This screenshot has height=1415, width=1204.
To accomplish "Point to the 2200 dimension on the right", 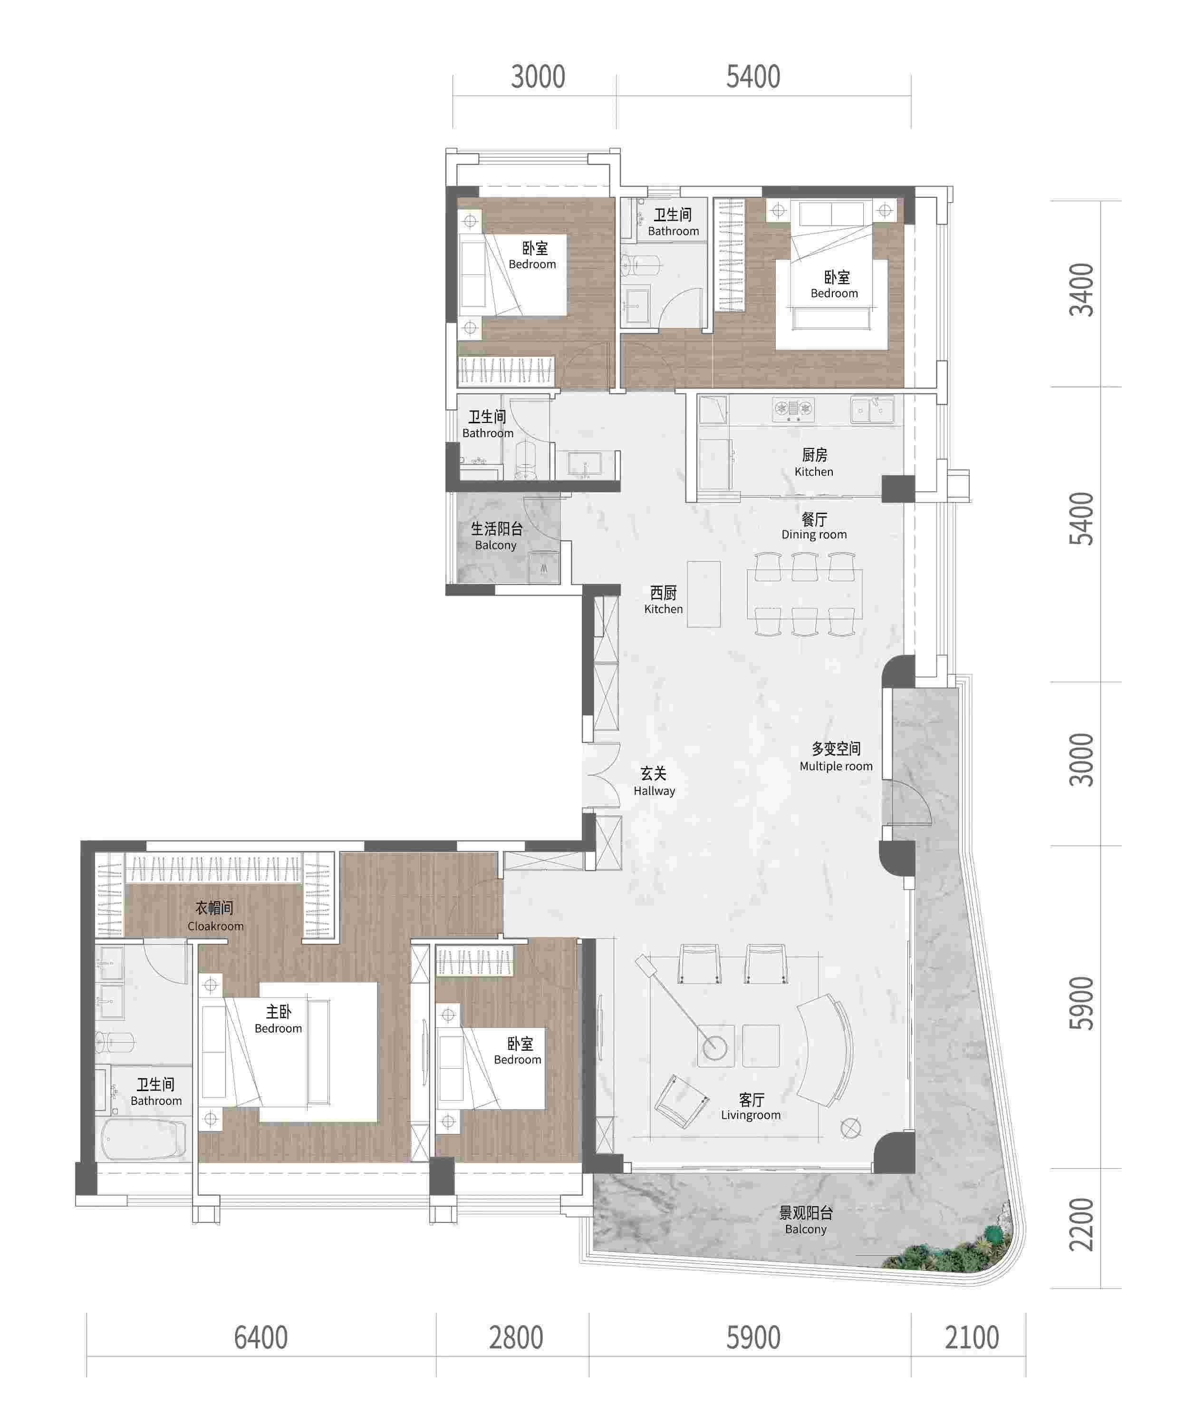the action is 1082,1224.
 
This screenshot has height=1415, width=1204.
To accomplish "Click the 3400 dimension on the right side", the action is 1082,290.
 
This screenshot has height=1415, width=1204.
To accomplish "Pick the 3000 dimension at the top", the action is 538,77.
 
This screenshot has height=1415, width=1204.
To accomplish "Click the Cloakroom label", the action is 215,917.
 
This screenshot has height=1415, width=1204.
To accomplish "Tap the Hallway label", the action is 654,781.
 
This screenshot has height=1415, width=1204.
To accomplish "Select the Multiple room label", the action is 836,757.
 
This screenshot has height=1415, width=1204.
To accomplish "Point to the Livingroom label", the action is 751,1106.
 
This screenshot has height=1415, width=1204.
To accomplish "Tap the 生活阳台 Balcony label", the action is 496,536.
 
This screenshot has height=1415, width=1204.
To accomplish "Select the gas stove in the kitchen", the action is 793,409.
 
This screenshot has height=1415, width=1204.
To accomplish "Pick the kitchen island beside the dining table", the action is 703,594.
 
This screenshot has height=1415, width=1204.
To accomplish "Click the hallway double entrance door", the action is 601,777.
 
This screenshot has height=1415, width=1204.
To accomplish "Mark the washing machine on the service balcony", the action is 544,567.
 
